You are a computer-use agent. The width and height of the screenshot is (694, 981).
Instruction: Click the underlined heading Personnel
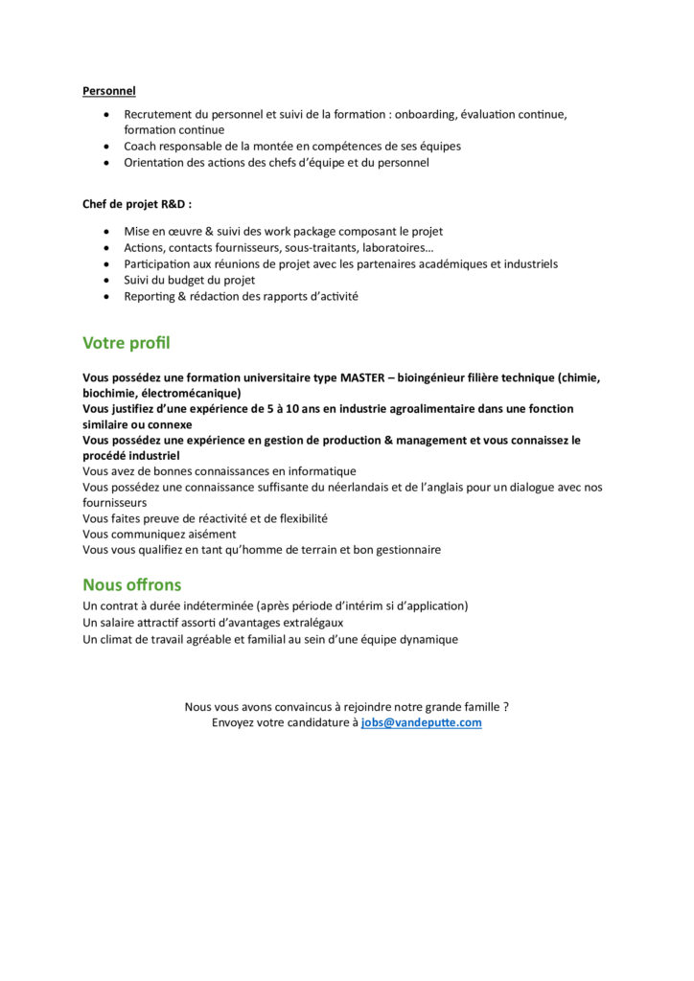point(108,91)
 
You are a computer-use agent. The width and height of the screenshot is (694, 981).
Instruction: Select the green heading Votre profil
point(127,343)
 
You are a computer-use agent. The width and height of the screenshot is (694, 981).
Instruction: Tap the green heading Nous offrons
point(131,584)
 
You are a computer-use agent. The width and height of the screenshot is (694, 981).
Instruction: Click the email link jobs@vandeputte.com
point(421,722)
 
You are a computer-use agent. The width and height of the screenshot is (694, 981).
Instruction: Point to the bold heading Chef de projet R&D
point(136,204)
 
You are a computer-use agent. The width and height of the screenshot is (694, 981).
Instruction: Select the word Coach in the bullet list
point(140,147)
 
